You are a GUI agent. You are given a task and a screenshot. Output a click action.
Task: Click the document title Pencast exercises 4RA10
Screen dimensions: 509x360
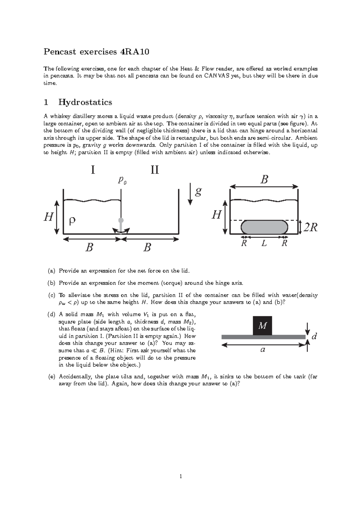pyautogui.click(x=96, y=52)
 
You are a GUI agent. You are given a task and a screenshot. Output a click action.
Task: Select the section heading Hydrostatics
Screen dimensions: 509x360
pyautogui.click(x=85, y=102)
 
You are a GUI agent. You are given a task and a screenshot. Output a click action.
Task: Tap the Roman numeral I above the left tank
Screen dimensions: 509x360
pyautogui.click(x=93, y=170)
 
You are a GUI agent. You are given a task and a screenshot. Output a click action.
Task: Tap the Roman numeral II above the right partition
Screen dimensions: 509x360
pyautogui.click(x=154, y=170)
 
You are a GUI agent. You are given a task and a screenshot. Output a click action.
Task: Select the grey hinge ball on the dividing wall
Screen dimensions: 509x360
pyautogui.click(x=121, y=220)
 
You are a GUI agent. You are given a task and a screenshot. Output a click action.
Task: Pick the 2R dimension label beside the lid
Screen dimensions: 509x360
pyautogui.click(x=310, y=227)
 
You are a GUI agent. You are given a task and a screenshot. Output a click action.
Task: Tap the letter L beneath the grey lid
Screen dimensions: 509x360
pyautogui.click(x=264, y=243)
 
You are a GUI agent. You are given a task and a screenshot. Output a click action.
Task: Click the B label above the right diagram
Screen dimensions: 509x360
pyautogui.click(x=264, y=180)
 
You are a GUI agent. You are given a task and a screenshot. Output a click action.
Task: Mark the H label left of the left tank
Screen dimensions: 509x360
pyautogui.click(x=49, y=217)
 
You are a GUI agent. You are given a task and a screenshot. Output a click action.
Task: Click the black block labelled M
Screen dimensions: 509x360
pyautogui.click(x=262, y=326)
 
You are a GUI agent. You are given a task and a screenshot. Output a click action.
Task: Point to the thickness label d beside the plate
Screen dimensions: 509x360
pyautogui.click(x=314, y=336)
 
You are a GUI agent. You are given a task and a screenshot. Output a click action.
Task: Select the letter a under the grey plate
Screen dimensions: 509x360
pyautogui.click(x=263, y=350)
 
